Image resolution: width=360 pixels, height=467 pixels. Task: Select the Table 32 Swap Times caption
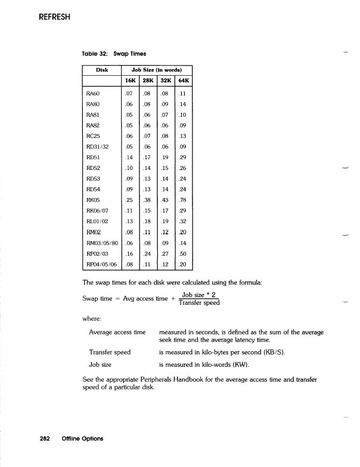pyautogui.click(x=108, y=54)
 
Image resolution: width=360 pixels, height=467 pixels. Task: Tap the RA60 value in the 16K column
pyautogui.click(x=128, y=94)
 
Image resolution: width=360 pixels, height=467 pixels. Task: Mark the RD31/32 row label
pyautogui.click(x=98, y=146)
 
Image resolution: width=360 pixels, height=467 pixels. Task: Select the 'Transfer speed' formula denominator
pyautogui.click(x=199, y=303)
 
